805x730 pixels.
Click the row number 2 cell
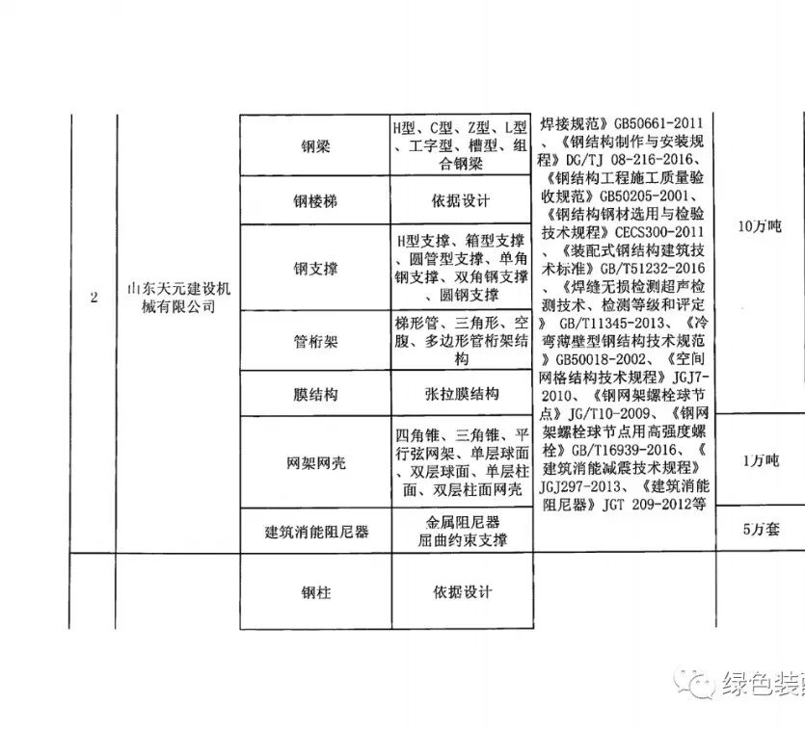[x=94, y=298]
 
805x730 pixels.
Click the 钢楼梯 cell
[x=315, y=202]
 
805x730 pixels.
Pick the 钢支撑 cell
[x=315, y=267]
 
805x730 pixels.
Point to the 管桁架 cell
[x=315, y=341]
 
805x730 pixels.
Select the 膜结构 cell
[x=315, y=395]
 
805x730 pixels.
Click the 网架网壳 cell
[x=315, y=462]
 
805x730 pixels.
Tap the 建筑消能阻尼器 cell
[x=315, y=531]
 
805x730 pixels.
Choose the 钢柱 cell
[x=315, y=592]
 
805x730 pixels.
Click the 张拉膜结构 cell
[x=462, y=395]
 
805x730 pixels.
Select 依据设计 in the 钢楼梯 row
[x=462, y=201]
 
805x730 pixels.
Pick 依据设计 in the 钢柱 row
[x=462, y=591]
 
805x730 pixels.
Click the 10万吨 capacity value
[x=758, y=227]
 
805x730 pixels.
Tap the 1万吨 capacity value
[x=761, y=461]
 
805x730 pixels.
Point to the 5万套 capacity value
[x=761, y=529]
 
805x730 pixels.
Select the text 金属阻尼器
[x=461, y=522]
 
